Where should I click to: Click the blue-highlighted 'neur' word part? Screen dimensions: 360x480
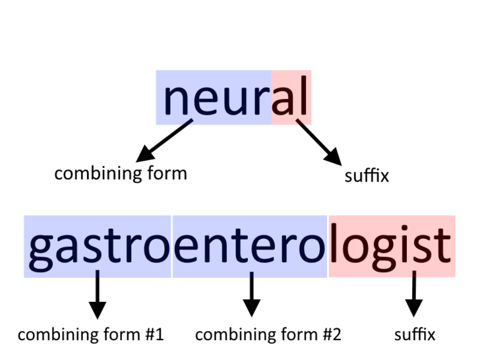(214, 98)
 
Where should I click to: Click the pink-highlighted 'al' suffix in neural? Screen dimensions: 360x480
(291, 98)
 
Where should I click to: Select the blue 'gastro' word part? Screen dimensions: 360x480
(98, 246)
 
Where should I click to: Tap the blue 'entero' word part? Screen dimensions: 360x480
(250, 246)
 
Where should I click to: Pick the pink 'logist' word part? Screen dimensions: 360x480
(392, 246)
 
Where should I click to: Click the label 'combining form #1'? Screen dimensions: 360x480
(90, 334)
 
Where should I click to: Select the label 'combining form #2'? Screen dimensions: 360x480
(268, 334)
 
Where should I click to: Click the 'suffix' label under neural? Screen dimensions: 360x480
(367, 176)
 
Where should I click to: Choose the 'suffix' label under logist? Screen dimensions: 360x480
(415, 334)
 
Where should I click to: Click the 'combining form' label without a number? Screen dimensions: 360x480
(121, 173)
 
